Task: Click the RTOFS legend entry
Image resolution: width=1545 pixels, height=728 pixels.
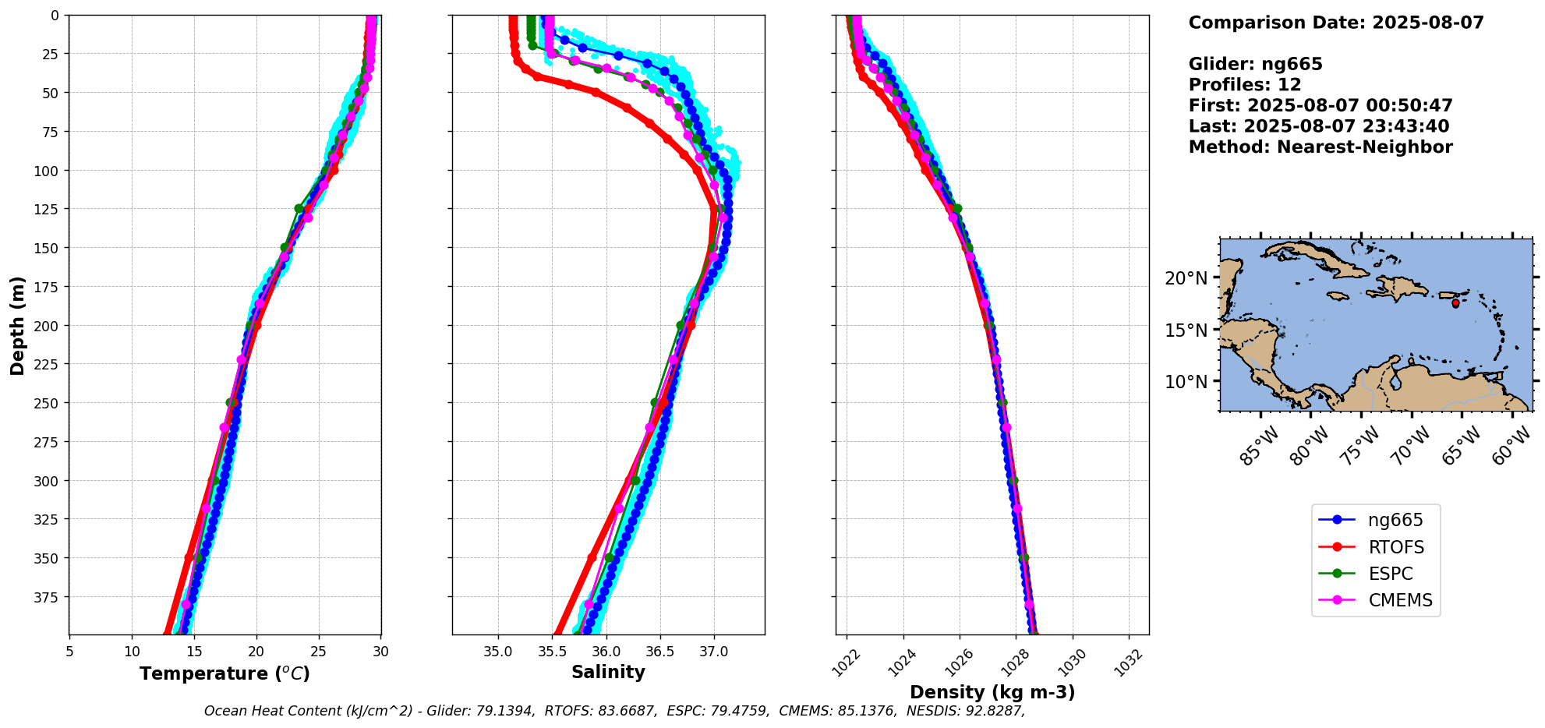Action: click(1395, 547)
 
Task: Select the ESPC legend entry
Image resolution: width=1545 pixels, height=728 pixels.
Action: click(1390, 574)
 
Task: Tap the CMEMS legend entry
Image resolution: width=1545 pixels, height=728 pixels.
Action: click(1400, 600)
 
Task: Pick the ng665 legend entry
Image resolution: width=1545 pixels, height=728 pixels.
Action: click(1395, 520)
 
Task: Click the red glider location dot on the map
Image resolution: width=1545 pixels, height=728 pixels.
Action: click(1455, 303)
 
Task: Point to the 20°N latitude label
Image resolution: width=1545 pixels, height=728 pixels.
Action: click(1186, 279)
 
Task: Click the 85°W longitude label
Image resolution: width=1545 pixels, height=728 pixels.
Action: click(1260, 446)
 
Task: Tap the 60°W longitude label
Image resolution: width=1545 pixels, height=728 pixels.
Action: click(1511, 446)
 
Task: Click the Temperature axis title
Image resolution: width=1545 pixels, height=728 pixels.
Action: click(225, 673)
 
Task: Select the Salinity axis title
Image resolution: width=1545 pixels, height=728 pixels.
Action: click(608, 672)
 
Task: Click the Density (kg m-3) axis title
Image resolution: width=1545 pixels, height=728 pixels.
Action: click(992, 692)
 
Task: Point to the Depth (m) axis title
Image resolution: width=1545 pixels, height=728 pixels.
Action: click(17, 325)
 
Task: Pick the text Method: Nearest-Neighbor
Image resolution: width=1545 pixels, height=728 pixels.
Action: click(1320, 147)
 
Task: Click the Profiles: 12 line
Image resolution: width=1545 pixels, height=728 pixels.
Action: click(1245, 85)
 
